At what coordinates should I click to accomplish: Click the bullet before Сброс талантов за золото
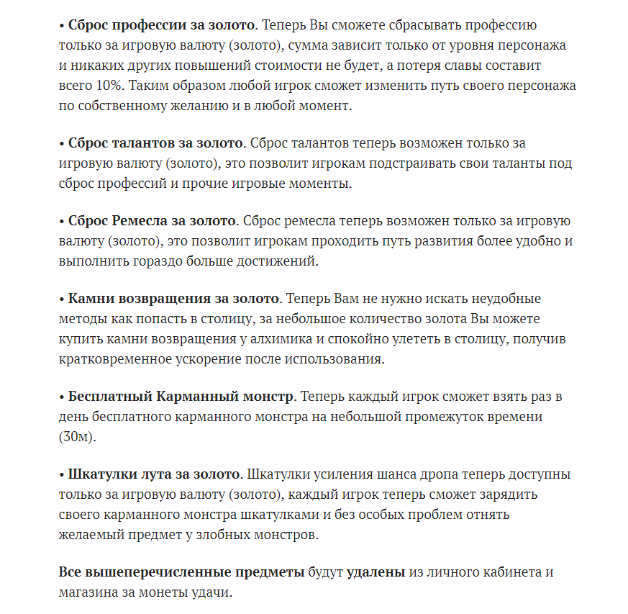point(62,144)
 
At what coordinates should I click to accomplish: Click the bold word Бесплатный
point(110,397)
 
